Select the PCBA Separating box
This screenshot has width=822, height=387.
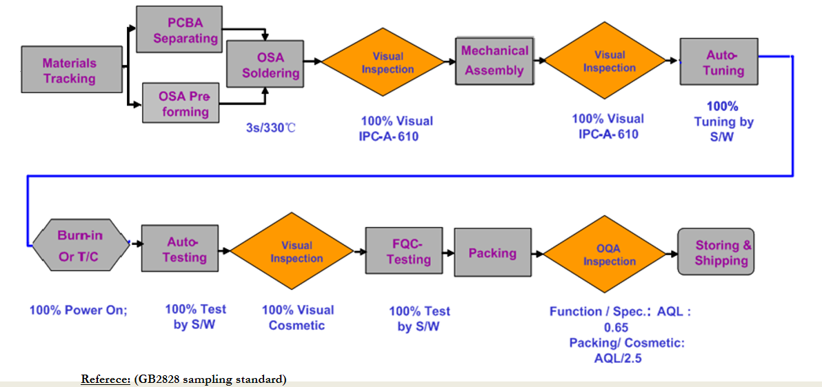tap(178, 30)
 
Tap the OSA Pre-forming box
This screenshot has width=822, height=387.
tap(181, 103)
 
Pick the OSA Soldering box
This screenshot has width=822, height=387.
tap(265, 64)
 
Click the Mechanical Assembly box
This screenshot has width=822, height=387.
tap(495, 60)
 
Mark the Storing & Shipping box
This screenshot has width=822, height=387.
tap(716, 251)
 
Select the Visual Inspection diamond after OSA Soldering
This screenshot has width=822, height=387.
tap(383, 62)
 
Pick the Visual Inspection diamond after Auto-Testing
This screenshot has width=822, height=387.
tap(292, 252)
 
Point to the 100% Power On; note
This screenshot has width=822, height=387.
tap(79, 309)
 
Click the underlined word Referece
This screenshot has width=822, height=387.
tap(106, 379)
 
